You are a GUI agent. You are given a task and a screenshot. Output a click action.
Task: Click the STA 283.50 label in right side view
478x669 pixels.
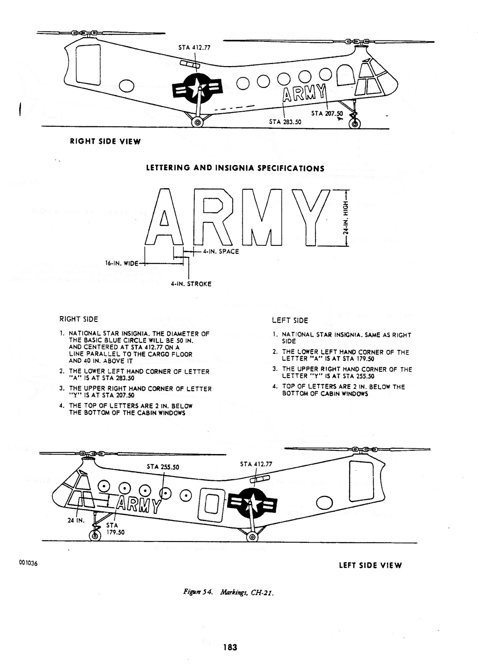click(x=285, y=122)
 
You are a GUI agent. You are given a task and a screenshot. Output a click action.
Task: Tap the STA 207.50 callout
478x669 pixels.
click(x=327, y=113)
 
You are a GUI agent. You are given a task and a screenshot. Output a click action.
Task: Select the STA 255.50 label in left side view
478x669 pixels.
click(x=163, y=467)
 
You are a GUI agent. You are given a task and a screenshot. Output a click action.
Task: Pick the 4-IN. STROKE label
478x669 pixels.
click(x=191, y=284)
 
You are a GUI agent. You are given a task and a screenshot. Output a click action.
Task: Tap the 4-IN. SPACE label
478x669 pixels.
click(x=221, y=251)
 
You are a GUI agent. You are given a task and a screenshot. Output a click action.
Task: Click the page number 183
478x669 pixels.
click(x=230, y=647)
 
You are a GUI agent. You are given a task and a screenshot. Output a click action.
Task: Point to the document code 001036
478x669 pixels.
click(x=28, y=563)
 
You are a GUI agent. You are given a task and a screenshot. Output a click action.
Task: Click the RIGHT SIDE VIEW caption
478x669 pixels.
click(x=105, y=141)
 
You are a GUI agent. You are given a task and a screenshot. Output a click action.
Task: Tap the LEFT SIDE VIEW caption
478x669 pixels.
click(x=370, y=565)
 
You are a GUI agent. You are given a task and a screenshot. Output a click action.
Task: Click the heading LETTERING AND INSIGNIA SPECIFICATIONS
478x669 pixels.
click(x=235, y=169)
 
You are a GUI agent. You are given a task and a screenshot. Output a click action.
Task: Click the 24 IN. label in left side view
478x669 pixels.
click(x=76, y=521)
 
